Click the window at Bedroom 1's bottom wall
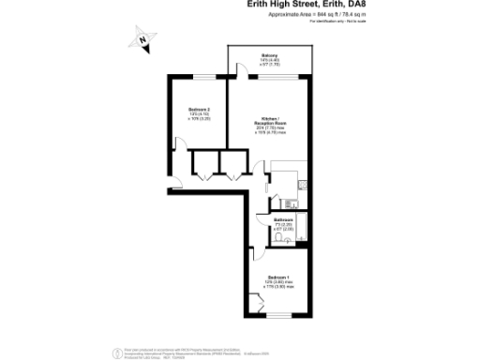pos(278,319)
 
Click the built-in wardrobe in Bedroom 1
pos(257,305)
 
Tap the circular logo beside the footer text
pos(116,352)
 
